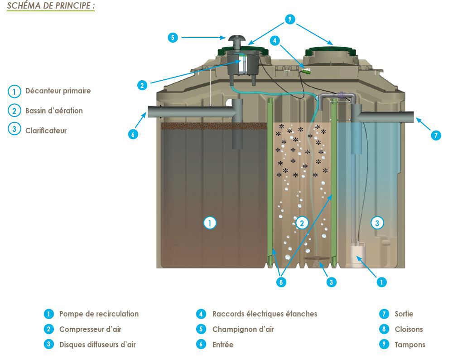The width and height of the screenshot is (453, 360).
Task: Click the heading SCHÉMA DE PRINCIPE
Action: [x=51, y=6]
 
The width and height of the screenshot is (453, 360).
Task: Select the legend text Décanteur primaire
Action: [x=58, y=91]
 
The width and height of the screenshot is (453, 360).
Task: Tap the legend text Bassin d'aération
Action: [x=54, y=111]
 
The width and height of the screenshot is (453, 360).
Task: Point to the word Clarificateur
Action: [x=46, y=131]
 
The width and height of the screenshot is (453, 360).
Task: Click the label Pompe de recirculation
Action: [x=99, y=314]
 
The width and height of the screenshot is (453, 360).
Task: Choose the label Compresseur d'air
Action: [x=90, y=329]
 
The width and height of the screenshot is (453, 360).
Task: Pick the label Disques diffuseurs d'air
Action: [x=97, y=345]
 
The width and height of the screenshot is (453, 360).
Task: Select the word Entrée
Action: [x=222, y=345]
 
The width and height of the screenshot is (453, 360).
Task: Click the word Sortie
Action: [x=404, y=314]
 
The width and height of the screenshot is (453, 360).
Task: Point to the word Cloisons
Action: [x=409, y=329]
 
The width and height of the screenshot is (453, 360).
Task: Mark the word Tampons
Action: [x=410, y=345]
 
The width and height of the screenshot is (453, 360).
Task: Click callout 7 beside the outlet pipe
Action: [x=436, y=135]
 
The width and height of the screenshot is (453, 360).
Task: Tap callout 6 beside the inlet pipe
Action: [x=133, y=134]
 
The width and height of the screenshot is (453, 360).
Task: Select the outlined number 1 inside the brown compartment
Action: [x=210, y=223]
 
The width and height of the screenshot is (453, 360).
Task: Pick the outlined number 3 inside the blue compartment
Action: [x=377, y=223]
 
